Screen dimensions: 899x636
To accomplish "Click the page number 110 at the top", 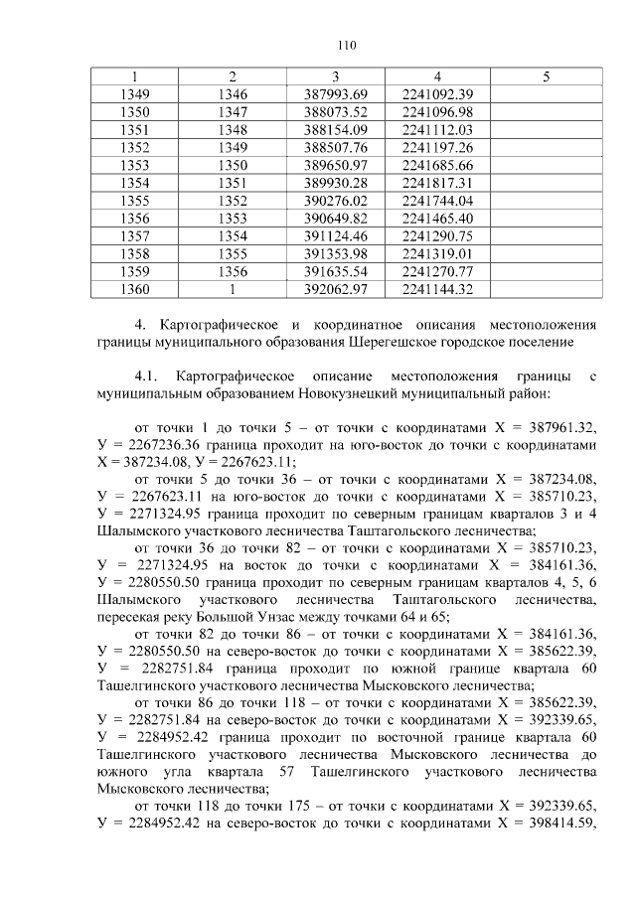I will click(x=346, y=45).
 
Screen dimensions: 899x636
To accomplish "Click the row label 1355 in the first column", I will click(x=134, y=201).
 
